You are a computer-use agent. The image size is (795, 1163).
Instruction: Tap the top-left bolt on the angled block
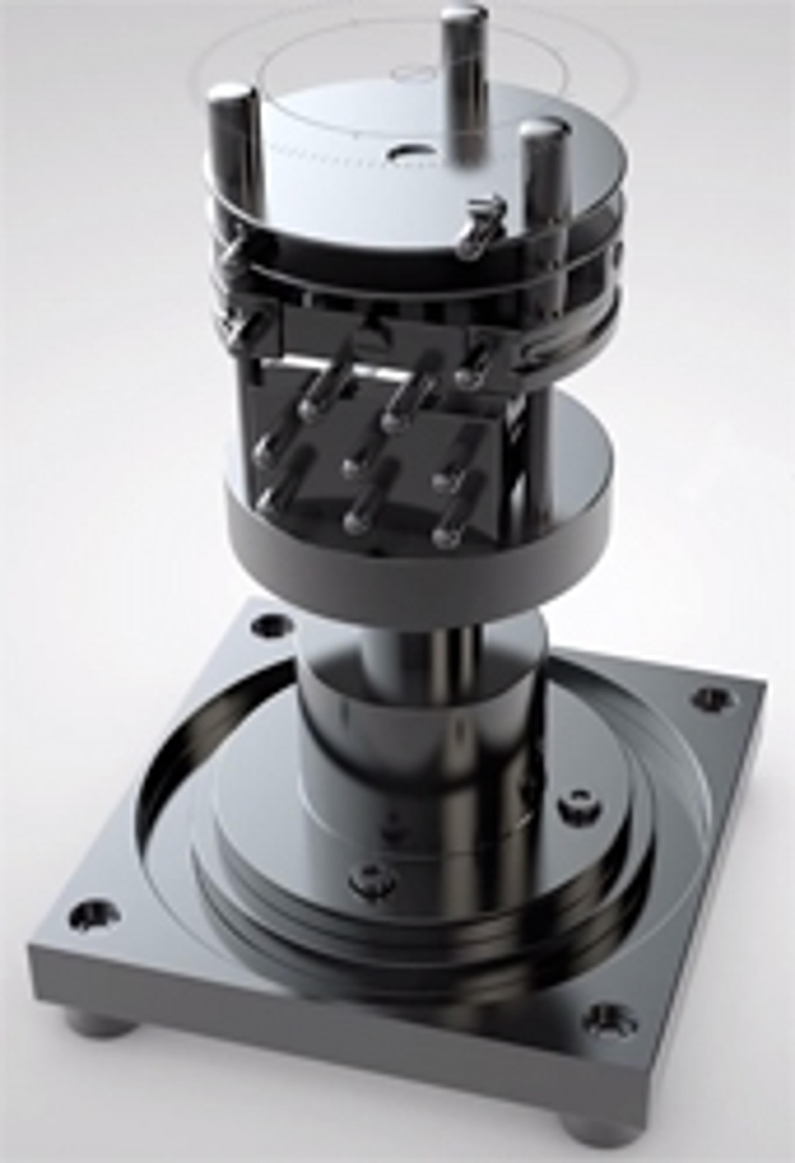pos(312,405)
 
